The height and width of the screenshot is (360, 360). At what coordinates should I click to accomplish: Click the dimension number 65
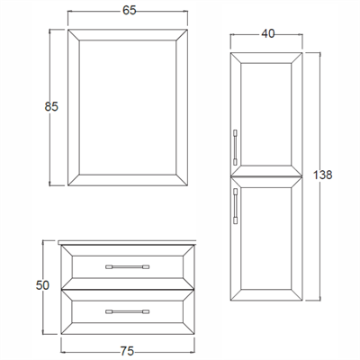coord(130,11)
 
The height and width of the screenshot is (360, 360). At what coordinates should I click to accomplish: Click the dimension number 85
coord(51,106)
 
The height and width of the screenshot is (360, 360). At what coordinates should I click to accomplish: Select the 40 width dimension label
coord(268,33)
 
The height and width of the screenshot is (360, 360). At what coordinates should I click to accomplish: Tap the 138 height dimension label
coord(323,175)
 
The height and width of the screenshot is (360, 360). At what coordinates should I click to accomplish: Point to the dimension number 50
coord(42,285)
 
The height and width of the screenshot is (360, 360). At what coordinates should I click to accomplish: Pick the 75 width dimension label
coord(127,351)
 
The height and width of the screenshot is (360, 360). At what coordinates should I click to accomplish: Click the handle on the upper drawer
coord(128,266)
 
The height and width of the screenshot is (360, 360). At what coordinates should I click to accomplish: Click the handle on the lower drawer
coord(128,311)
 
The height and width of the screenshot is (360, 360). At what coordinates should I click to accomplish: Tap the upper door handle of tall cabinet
coord(235,147)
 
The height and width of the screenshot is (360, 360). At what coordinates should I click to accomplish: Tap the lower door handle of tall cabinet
coord(235,206)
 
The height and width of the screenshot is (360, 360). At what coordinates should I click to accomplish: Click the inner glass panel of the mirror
coord(128,107)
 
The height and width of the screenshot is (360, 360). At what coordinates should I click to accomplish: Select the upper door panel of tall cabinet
coord(265,114)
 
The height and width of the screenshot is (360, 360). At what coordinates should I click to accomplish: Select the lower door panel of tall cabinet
coord(265,238)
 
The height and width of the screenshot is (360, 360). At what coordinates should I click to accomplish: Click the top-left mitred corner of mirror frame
coord(74,35)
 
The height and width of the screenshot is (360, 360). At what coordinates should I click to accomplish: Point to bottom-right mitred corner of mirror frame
coord(182,180)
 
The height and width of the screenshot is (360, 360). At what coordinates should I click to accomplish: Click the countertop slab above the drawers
coord(127,243)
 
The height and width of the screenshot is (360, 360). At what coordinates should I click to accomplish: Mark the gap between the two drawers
coord(128,290)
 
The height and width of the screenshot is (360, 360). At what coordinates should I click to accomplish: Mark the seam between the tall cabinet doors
coord(266,176)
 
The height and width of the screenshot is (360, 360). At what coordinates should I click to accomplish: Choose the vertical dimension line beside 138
coord(320,176)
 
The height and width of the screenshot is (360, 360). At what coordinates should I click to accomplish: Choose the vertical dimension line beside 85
coord(50,107)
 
